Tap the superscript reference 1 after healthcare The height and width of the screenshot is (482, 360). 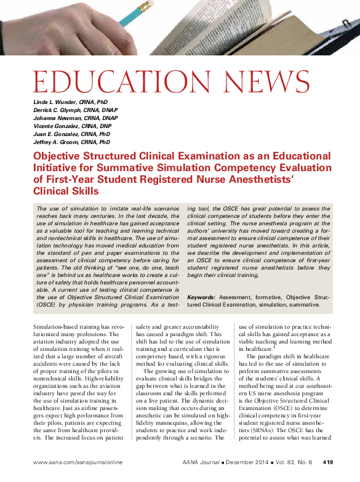pos(274,347)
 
